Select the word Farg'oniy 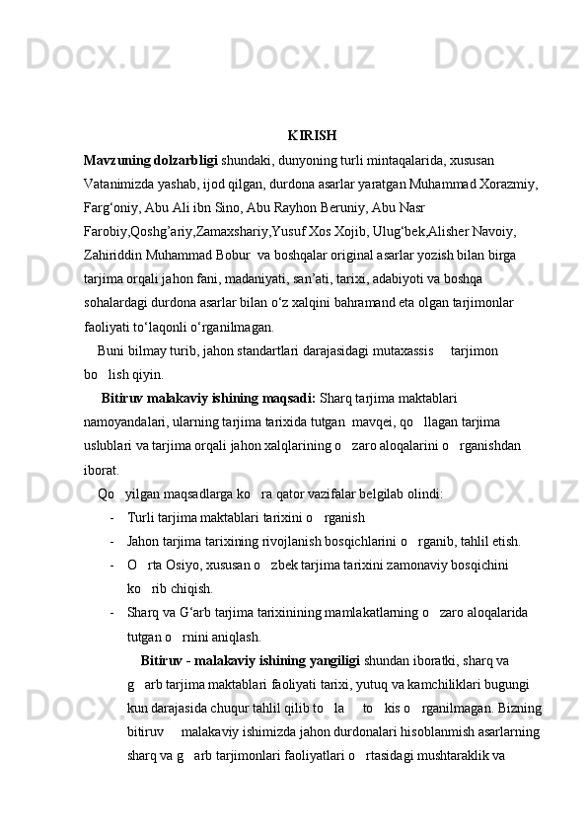click(112, 209)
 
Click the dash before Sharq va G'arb click(114, 612)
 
